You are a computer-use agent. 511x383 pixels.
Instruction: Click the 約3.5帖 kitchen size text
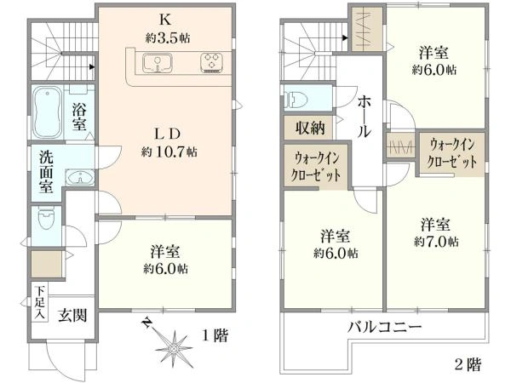click(168, 37)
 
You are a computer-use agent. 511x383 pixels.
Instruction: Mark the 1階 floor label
click(214, 335)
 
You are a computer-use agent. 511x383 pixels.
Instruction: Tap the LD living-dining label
click(167, 133)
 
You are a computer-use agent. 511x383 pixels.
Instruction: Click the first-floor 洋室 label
click(164, 253)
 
